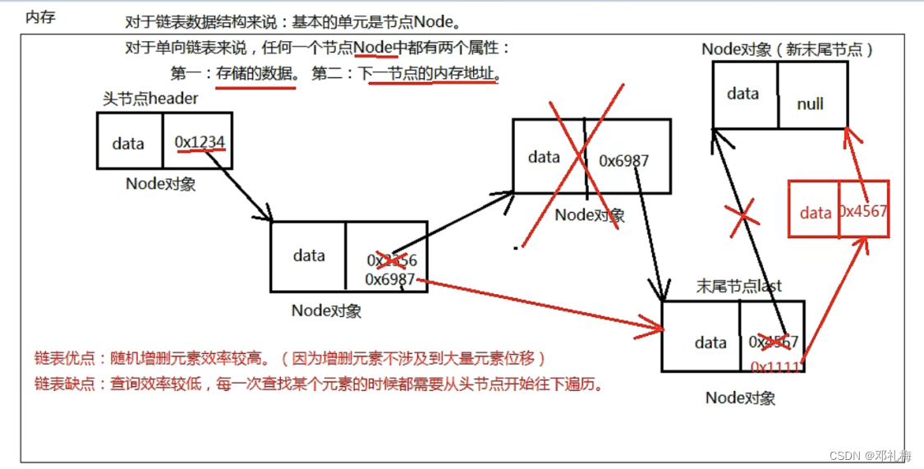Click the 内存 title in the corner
click(x=40, y=16)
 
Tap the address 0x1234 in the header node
click(x=200, y=143)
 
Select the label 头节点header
click(x=150, y=99)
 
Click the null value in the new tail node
click(x=810, y=104)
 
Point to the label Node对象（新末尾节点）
click(x=787, y=49)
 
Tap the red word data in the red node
click(x=816, y=213)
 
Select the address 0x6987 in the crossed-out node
click(x=623, y=160)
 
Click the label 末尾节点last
click(x=738, y=286)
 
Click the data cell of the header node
click(x=128, y=144)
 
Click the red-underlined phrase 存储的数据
click(x=255, y=74)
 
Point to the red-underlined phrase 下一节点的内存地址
click(x=427, y=74)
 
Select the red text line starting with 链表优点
click(x=290, y=358)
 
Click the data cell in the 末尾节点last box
click(x=710, y=343)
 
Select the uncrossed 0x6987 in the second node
click(x=390, y=279)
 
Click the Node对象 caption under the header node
click(x=161, y=183)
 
